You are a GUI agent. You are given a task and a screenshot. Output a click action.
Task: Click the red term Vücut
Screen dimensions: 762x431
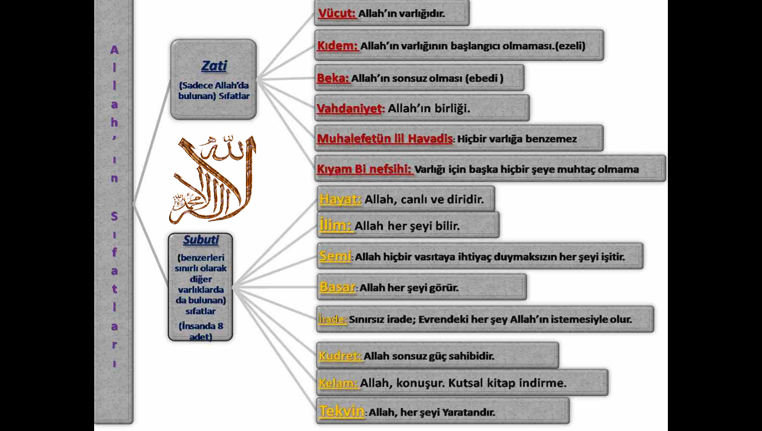coord(337,13)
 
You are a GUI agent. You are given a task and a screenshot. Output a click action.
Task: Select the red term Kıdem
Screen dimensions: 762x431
coord(337,45)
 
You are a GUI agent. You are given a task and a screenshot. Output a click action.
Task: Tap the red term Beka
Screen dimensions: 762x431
coord(333,78)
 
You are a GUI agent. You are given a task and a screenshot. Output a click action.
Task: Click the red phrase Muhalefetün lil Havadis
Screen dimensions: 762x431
coord(385,138)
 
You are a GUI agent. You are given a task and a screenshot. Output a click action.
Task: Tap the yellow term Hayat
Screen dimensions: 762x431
coord(340,199)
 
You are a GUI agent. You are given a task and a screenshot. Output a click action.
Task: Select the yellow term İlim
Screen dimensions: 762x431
coord(335,225)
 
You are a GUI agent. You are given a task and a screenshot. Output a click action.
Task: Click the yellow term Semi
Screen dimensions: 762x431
coord(335,255)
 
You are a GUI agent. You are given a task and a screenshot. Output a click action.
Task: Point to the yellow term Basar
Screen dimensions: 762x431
coord(337,287)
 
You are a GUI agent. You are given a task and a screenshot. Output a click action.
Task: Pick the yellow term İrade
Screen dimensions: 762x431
coord(333,319)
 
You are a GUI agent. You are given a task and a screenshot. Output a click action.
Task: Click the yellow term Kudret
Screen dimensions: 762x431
coord(340,356)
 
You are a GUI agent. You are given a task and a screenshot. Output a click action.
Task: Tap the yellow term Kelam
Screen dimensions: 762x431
coord(338,383)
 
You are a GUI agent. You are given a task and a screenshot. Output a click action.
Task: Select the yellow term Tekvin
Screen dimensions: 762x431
coord(342,411)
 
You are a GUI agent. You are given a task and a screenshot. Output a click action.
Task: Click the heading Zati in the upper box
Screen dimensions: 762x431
coord(214,66)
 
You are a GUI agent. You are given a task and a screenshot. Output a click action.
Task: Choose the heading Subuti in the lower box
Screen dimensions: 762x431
coord(201,240)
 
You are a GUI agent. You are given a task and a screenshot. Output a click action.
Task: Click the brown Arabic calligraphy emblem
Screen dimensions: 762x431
coord(212,179)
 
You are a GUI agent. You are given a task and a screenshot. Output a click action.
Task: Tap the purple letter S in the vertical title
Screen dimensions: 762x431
coord(114,216)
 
